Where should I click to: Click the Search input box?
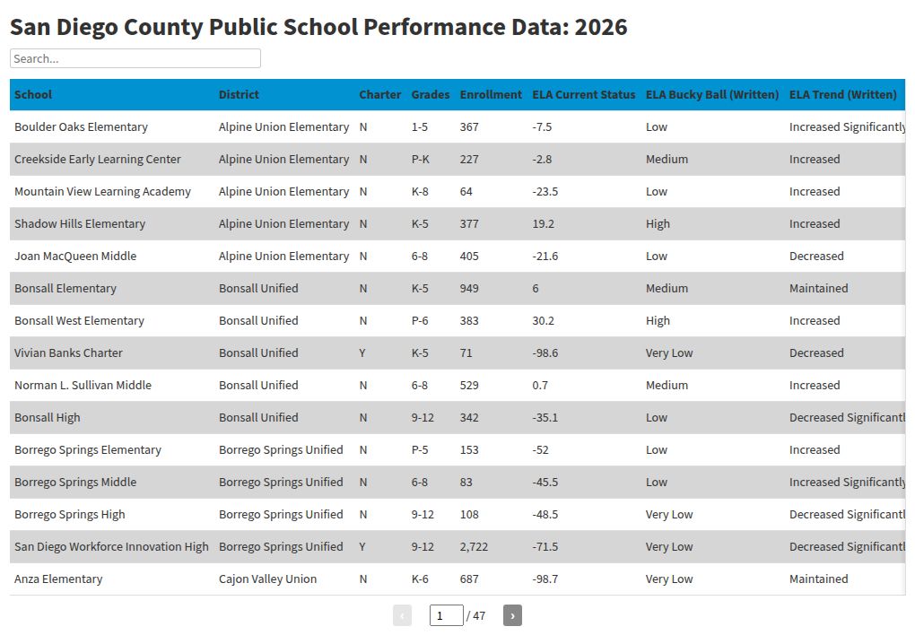click(x=135, y=58)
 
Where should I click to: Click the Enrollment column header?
click(x=490, y=94)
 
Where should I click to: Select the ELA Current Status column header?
click(x=583, y=94)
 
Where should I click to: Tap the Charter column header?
click(x=379, y=94)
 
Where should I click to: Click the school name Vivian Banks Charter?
click(x=68, y=352)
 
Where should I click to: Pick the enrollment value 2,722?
click(x=475, y=546)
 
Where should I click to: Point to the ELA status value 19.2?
click(x=543, y=223)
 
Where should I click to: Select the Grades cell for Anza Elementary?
click(x=420, y=579)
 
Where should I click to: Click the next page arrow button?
click(x=512, y=615)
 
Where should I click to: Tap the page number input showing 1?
click(x=446, y=615)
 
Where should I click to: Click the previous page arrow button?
click(x=403, y=615)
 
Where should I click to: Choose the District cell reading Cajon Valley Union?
click(x=267, y=579)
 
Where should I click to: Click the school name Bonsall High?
click(x=47, y=417)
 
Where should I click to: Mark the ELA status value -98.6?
click(x=545, y=352)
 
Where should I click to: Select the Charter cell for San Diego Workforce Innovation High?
click(x=362, y=546)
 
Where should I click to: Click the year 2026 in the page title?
click(x=600, y=27)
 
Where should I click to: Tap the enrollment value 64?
click(x=466, y=191)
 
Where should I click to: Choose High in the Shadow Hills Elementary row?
click(x=658, y=223)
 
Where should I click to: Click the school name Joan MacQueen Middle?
click(x=75, y=256)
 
